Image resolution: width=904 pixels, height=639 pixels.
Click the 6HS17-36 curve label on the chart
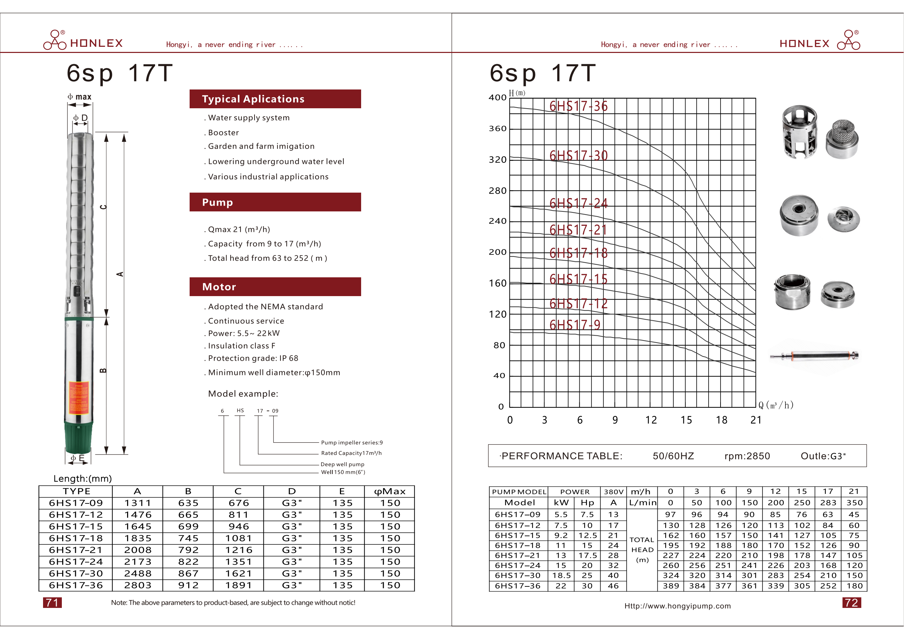point(578,106)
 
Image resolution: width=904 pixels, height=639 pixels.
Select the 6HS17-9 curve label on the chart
point(575,325)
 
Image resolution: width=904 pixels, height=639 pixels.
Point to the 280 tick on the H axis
point(498,191)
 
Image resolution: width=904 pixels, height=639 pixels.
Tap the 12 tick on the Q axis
point(651,420)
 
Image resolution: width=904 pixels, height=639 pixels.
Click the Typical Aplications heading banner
point(275,99)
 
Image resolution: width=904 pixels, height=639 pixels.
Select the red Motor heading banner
point(275,287)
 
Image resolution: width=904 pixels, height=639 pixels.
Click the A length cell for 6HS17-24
point(137,562)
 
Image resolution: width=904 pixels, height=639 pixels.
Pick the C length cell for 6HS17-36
point(238,585)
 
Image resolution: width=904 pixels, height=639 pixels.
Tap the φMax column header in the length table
point(389,491)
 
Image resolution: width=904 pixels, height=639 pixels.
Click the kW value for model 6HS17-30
point(561,576)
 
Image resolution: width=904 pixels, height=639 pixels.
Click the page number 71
point(52,603)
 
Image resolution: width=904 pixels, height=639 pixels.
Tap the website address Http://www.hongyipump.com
point(677,606)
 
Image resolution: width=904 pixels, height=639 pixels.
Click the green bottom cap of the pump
point(79,437)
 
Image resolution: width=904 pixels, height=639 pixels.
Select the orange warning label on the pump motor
point(79,398)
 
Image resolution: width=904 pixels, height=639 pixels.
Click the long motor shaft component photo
point(814,356)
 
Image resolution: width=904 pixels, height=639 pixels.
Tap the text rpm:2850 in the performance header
point(747,456)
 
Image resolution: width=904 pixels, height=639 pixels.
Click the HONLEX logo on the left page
point(83,41)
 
